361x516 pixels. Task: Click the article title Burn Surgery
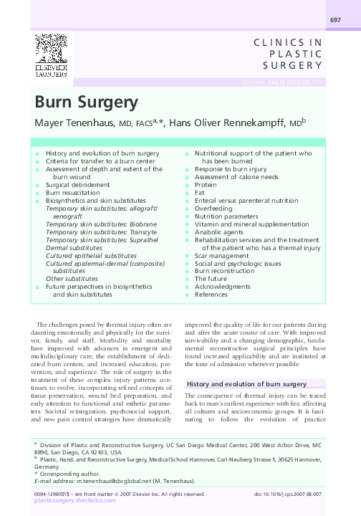86,101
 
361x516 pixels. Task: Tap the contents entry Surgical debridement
78,184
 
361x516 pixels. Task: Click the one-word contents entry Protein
206,184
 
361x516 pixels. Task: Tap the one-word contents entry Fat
200,193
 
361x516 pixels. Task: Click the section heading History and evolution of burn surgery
251,384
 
